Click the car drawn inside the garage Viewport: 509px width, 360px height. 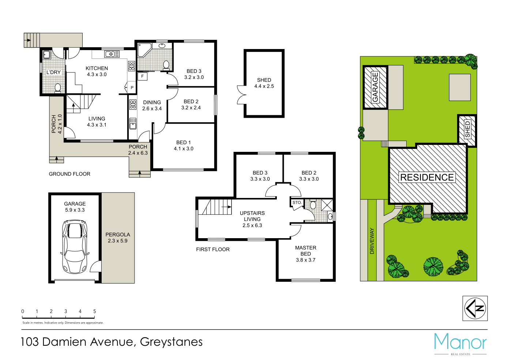point(75,247)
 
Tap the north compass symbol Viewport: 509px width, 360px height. point(475,308)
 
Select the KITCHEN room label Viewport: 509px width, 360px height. point(97,68)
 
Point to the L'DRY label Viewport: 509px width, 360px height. point(53,72)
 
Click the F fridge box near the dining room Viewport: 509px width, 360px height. point(142,76)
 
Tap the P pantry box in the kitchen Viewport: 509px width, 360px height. point(132,88)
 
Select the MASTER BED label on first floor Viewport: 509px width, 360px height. point(306,251)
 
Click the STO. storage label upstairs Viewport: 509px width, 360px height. point(297,203)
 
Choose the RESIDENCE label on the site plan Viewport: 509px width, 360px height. point(427,177)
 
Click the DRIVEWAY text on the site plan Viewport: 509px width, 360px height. point(372,241)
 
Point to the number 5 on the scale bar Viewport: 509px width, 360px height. point(94,311)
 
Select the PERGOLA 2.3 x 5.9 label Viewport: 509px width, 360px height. point(118,238)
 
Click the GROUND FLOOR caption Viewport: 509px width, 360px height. point(69,174)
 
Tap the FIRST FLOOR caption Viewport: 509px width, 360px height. point(213,250)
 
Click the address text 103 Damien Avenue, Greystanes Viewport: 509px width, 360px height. point(112,342)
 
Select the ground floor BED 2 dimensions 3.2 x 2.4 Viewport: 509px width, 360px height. point(191,108)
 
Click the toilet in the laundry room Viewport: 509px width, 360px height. point(58,88)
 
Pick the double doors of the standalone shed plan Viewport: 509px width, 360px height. point(241,95)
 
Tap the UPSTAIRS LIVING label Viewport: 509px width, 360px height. point(252,216)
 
